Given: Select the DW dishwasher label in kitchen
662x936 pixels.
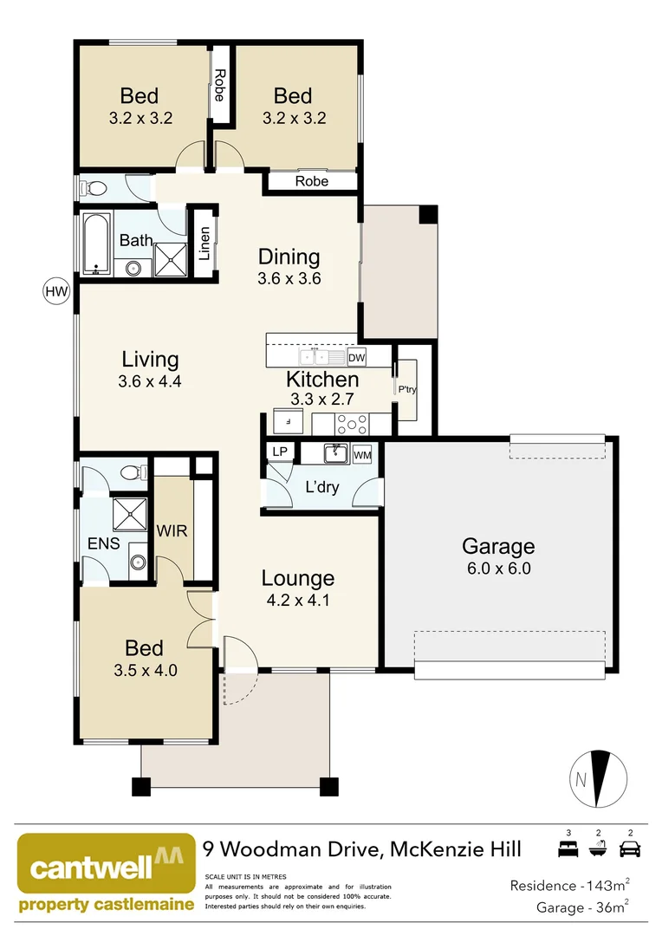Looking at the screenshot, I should pyautogui.click(x=356, y=357).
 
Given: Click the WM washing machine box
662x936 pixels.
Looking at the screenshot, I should pyautogui.click(x=362, y=454).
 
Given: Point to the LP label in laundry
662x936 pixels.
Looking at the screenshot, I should pyautogui.click(x=279, y=452).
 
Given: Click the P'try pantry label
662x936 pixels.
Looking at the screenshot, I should pyautogui.click(x=407, y=389).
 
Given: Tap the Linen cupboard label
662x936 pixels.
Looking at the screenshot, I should pyautogui.click(x=204, y=244).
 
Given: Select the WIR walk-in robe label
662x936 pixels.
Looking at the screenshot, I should pyautogui.click(x=172, y=530).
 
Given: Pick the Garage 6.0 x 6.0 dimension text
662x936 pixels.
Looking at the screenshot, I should pyautogui.click(x=497, y=569).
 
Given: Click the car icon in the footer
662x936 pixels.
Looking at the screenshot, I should pyautogui.click(x=630, y=848).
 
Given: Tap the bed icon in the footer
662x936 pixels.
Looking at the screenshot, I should pyautogui.click(x=568, y=848).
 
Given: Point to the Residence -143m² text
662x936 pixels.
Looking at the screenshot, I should pyautogui.click(x=568, y=886).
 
